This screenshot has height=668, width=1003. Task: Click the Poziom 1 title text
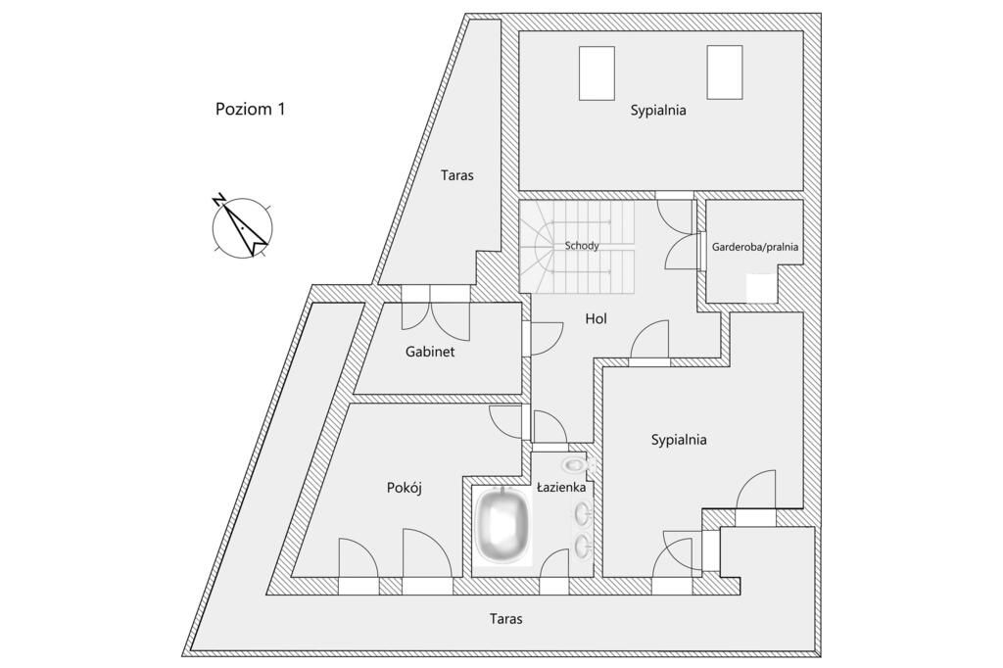tap(250, 109)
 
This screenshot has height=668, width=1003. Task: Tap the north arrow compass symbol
tap(242, 226)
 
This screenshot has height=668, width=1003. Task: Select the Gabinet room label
tap(430, 351)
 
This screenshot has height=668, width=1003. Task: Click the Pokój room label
tap(404, 488)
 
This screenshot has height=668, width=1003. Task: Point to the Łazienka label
tap(560, 487)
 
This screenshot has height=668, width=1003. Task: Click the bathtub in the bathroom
tap(502, 529)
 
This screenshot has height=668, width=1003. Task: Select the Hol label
tap(597, 318)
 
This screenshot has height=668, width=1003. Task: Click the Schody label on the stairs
tap(582, 246)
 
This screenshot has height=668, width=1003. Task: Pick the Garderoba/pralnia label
tap(754, 248)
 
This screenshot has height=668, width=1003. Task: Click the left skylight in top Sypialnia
tap(597, 72)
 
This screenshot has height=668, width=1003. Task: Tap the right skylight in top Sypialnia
tap(726, 72)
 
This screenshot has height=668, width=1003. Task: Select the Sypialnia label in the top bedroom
tap(658, 111)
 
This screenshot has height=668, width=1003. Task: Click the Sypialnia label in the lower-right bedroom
tap(679, 440)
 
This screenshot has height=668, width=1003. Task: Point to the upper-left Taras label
tap(456, 175)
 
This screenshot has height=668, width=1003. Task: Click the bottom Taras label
tap(505, 619)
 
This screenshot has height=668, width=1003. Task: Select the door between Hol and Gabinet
tap(542, 337)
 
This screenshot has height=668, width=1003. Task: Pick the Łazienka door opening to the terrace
tap(554, 570)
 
